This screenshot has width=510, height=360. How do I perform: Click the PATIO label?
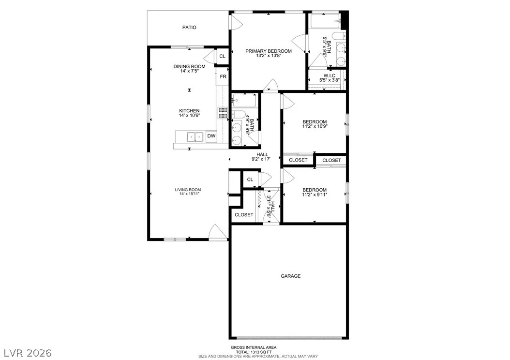click(x=189, y=27)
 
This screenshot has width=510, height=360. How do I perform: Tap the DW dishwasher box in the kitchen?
click(x=211, y=136)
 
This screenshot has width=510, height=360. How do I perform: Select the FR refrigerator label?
click(x=223, y=77)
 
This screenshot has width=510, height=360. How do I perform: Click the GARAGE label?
click(x=290, y=276)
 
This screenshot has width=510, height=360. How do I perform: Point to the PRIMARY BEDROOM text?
click(x=269, y=51)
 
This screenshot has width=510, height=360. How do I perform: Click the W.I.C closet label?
click(x=329, y=76)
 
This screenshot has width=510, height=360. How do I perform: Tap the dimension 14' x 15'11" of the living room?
click(x=189, y=194)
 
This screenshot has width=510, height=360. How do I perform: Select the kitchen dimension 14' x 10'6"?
click(x=189, y=116)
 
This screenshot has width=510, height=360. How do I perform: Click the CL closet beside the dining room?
click(x=222, y=56)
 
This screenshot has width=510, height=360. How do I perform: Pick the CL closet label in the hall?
click(x=250, y=180)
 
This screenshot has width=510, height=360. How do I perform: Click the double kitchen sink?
click(x=195, y=137)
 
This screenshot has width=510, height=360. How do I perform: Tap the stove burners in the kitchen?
click(x=223, y=113)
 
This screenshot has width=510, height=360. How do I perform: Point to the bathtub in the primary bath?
click(x=325, y=21)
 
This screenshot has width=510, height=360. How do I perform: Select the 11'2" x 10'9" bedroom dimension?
click(x=315, y=126)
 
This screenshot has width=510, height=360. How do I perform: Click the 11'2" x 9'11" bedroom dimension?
click(x=315, y=195)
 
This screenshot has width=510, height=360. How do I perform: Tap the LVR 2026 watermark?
click(x=28, y=353)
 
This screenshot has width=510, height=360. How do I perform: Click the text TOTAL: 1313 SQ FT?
click(x=254, y=352)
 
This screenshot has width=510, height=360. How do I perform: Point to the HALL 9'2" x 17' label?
click(x=262, y=157)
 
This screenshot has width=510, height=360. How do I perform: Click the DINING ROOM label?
click(x=189, y=67)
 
